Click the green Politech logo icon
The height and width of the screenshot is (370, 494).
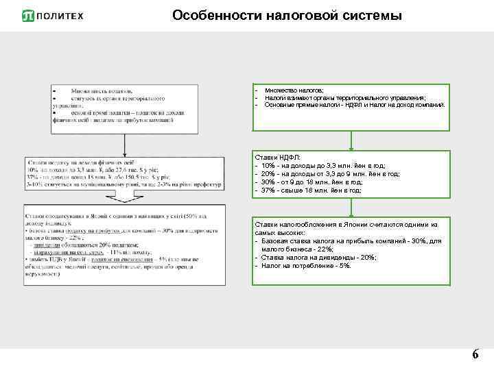tap(30, 15)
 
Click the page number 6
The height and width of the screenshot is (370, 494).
tap(475, 355)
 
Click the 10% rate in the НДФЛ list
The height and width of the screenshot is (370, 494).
tap(264, 166)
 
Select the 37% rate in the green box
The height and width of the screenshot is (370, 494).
tap(264, 190)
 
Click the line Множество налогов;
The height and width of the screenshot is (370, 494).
tap(295, 90)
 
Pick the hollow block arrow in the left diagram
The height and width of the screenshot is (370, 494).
tap(124, 195)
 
